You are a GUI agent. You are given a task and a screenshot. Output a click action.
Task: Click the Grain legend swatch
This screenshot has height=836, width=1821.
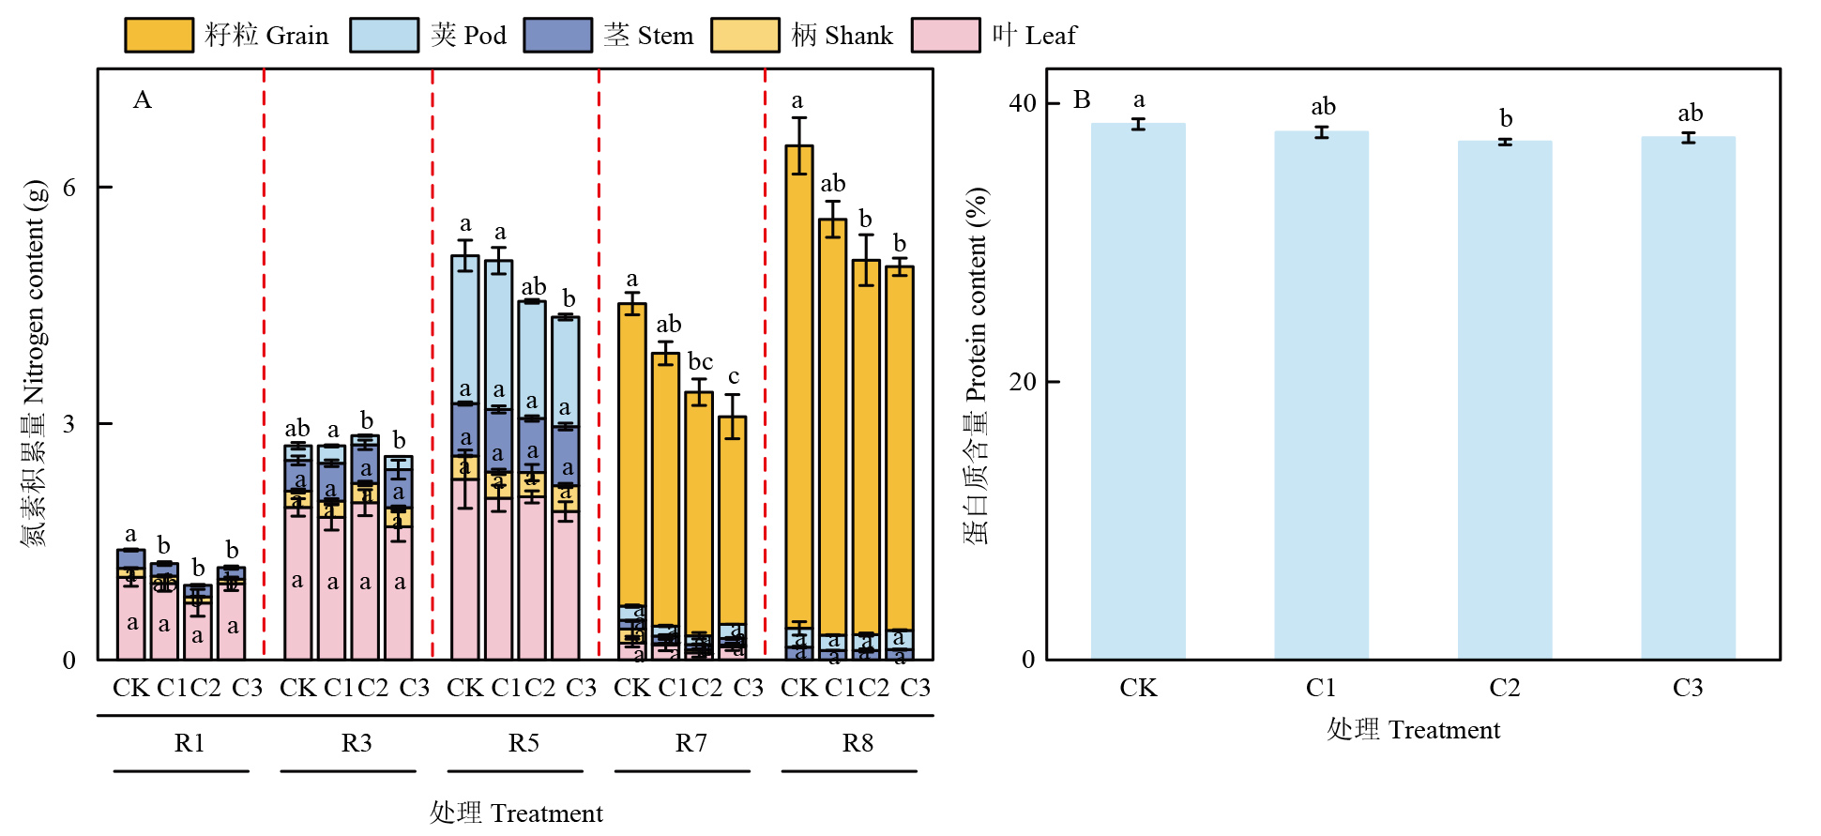(159, 35)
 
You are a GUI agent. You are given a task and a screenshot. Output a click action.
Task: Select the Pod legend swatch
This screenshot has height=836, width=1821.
(384, 35)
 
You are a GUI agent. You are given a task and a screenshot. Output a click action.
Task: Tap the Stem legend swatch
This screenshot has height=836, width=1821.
(557, 35)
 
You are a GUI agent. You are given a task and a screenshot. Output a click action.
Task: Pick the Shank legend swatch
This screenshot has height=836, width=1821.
(745, 35)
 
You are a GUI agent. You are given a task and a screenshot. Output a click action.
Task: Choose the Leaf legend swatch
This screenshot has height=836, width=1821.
(946, 35)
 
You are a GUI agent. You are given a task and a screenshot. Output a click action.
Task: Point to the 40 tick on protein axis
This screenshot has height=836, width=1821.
(1023, 103)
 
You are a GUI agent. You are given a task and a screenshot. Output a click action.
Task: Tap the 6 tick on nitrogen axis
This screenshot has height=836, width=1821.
(69, 188)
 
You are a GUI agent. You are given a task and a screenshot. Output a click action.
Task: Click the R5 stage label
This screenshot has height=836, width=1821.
(524, 743)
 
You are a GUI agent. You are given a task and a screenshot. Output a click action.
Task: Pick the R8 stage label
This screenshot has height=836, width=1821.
(857, 743)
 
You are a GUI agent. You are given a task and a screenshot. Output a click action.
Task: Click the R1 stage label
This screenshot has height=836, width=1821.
(190, 743)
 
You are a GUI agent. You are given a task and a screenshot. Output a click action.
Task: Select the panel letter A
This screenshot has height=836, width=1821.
(143, 100)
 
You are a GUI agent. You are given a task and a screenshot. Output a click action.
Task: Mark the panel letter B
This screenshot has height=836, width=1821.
(1082, 100)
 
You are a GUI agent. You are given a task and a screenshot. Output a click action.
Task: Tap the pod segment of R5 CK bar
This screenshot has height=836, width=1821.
(465, 328)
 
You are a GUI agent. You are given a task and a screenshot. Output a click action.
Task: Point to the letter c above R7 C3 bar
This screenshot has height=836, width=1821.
(734, 377)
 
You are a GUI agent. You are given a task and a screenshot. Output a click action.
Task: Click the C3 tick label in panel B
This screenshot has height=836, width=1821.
(1688, 688)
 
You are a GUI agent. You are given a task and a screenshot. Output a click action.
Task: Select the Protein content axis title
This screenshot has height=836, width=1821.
(977, 366)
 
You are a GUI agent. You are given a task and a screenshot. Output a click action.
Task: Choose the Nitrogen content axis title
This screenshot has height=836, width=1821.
(34, 362)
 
